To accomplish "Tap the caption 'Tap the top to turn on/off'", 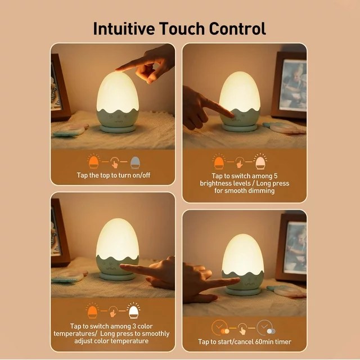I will click(114, 175).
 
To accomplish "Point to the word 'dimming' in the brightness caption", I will click(260, 191).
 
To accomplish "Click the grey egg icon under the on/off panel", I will click(135, 163).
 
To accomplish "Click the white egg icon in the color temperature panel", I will click(134, 311).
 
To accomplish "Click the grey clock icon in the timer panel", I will click(264, 327).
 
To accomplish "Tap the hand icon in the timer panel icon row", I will click(242, 328).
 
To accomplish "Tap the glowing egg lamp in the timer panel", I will click(243, 255).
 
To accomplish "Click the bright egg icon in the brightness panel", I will click(261, 163).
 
